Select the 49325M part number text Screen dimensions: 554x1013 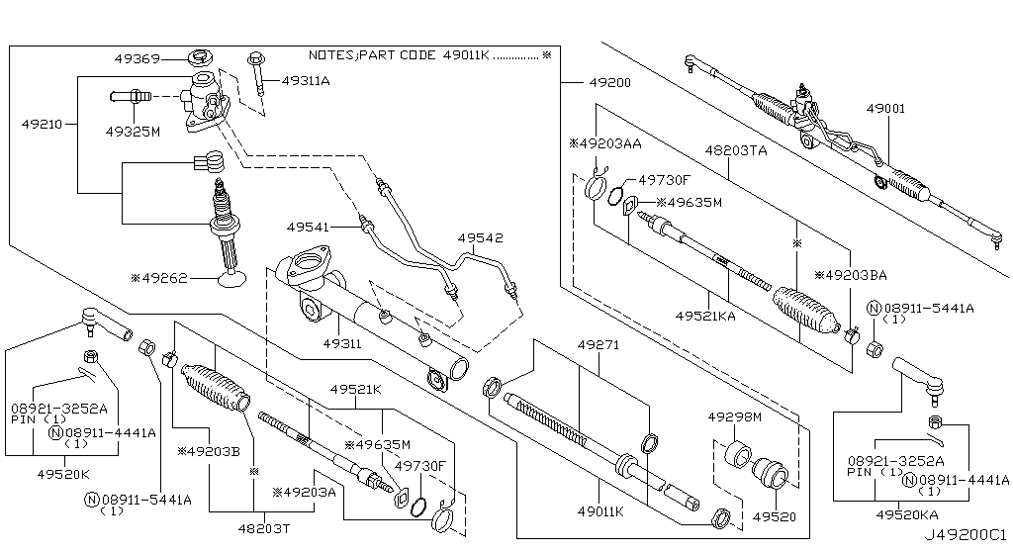[133, 130]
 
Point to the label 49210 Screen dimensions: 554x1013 [43, 125]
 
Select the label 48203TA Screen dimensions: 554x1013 [736, 150]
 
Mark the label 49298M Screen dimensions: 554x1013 [735, 418]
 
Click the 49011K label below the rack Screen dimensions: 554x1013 [601, 511]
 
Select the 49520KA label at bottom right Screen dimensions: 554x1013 [908, 514]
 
